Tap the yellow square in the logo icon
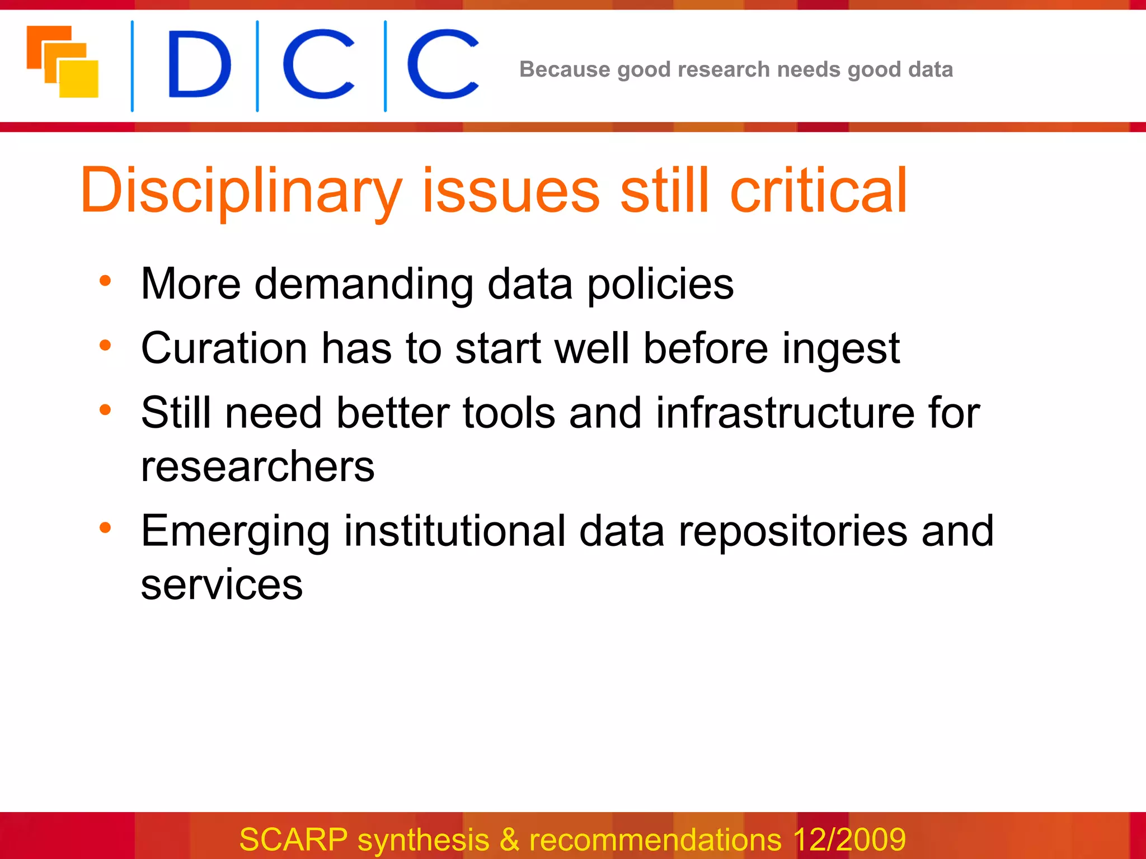79,79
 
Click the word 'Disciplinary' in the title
241,191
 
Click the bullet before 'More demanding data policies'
105,281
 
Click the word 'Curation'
224,348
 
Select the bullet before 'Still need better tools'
105,410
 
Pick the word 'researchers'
257,467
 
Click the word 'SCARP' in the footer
294,839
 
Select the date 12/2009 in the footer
849,839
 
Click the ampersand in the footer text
509,839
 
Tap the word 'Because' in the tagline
564,69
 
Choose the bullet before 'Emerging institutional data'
105,528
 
